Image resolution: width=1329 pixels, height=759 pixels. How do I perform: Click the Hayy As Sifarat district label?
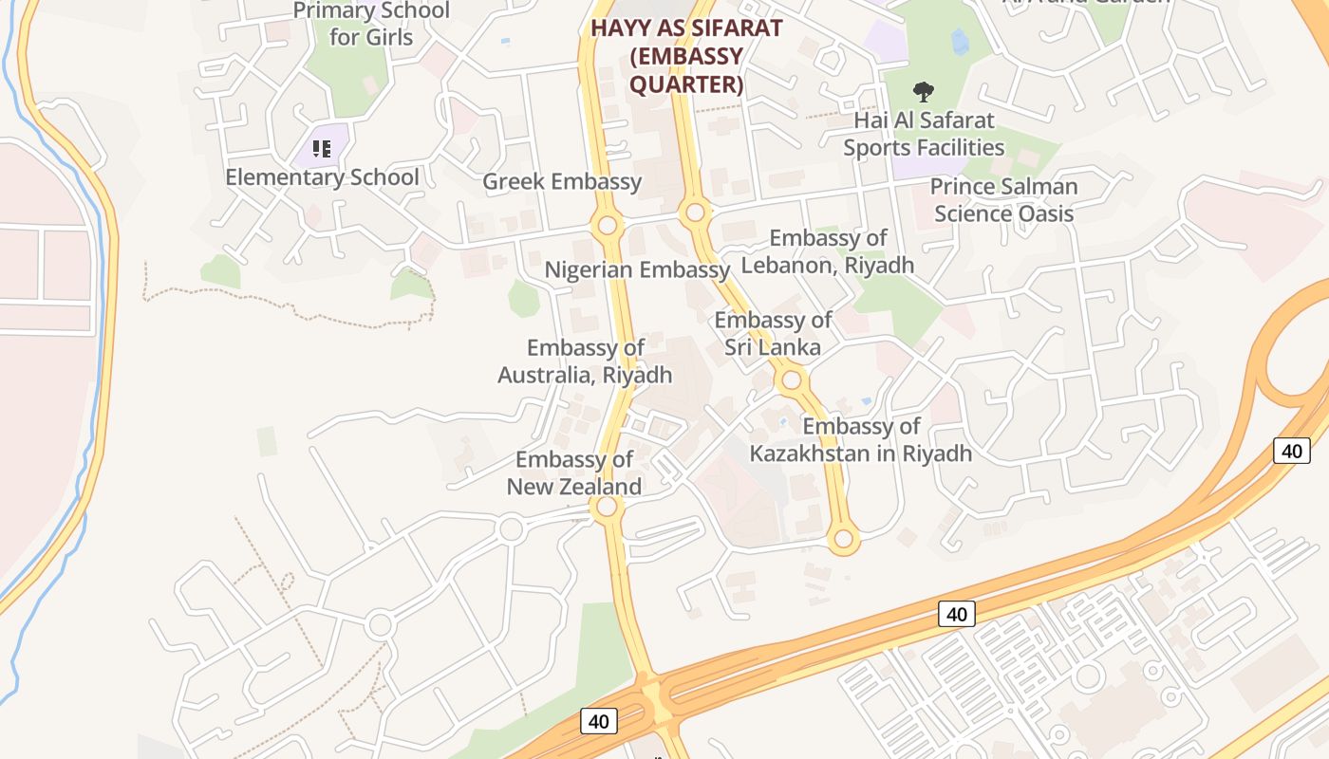[685, 28]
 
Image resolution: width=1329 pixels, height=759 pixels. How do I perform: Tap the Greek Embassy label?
[562, 182]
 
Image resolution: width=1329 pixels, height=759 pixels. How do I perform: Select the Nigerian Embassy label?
[637, 270]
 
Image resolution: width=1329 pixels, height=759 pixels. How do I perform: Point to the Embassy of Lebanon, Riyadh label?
[827, 251]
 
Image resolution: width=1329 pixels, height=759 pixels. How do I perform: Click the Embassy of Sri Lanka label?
[773, 334]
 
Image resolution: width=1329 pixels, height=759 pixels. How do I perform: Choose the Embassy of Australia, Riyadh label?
[585, 361]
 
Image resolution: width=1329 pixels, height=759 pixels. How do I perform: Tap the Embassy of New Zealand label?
[574, 473]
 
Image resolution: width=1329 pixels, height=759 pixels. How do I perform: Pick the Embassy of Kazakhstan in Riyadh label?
[861, 440]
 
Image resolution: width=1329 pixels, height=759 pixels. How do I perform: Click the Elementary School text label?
[322, 177]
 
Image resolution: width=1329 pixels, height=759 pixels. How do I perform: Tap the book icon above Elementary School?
[322, 149]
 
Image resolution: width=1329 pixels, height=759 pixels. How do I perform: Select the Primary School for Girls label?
[371, 25]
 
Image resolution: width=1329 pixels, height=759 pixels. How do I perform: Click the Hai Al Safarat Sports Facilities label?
[924, 134]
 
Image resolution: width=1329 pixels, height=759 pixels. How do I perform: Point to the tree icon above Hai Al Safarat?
[923, 92]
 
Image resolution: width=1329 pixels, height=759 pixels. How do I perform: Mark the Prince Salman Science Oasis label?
[1003, 200]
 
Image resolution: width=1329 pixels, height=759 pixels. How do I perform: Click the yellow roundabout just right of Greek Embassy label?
[608, 226]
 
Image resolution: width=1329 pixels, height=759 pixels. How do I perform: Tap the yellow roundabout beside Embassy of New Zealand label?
[607, 508]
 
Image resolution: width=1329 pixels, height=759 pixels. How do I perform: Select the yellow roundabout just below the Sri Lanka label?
[791, 381]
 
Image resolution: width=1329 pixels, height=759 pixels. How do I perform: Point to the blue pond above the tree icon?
[960, 41]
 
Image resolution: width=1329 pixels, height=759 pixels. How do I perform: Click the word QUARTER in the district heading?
[685, 84]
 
